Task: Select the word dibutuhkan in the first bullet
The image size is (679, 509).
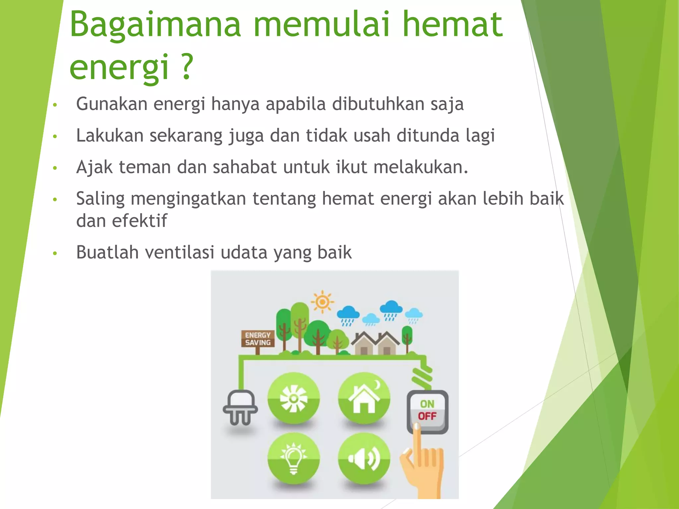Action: [x=378, y=104]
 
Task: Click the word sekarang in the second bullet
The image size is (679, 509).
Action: [x=186, y=136]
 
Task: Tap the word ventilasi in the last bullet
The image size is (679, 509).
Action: [x=179, y=253]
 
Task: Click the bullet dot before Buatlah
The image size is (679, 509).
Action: [x=55, y=254]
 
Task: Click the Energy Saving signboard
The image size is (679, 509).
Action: [x=258, y=339]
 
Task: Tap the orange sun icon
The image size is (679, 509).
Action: [x=322, y=302]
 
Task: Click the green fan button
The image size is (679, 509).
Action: [x=293, y=398]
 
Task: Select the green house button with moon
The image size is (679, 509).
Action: [x=364, y=398]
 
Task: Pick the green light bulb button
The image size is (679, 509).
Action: [x=293, y=459]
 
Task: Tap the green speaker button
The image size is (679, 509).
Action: [x=364, y=459]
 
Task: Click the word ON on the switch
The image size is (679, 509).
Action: [x=427, y=404]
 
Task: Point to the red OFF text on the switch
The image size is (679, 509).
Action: [x=427, y=416]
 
